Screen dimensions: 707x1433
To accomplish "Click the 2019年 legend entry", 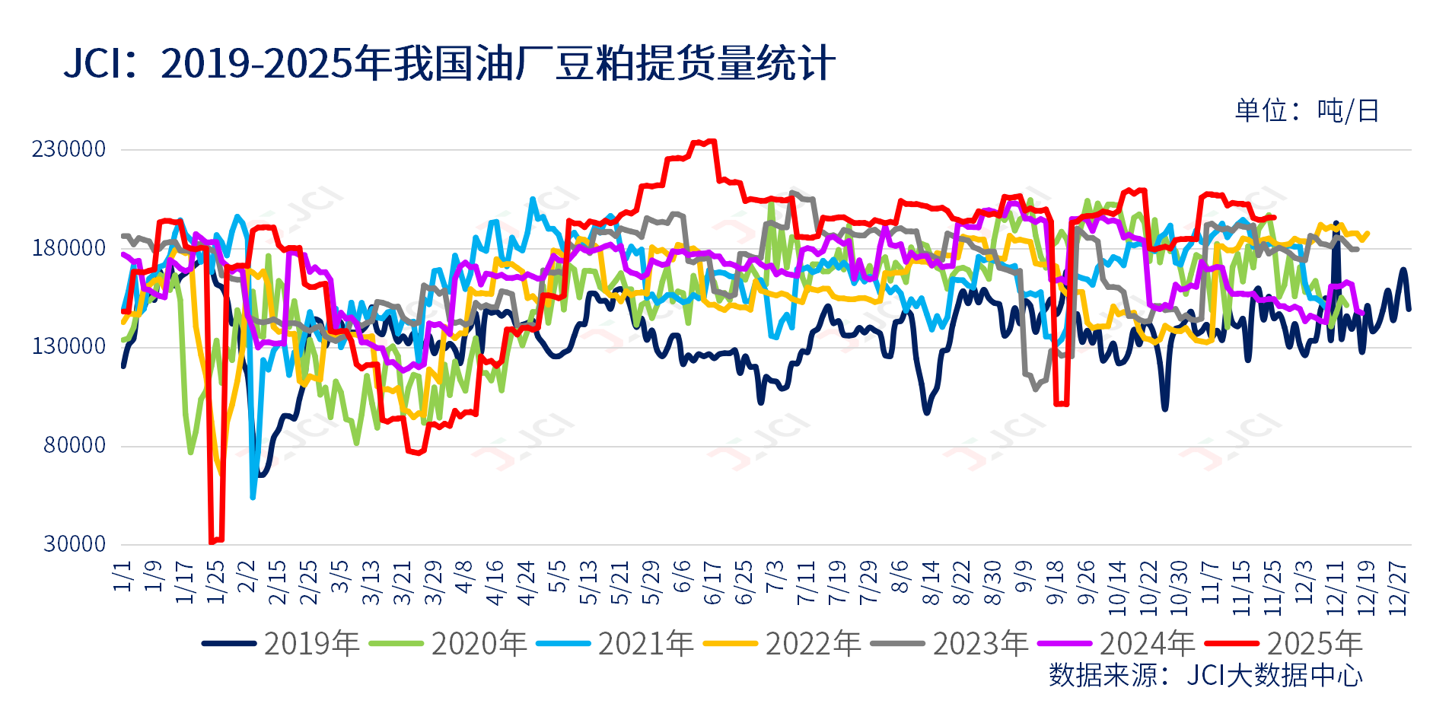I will click(x=281, y=644).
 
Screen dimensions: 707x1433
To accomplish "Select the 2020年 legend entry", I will click(x=448, y=644).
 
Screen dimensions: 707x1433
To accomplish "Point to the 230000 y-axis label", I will click(x=68, y=149).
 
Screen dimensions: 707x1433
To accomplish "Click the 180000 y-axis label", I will click(x=68, y=248).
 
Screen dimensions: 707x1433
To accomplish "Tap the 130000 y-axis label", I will click(x=68, y=346).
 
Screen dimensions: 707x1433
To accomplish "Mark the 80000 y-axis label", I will click(x=74, y=445).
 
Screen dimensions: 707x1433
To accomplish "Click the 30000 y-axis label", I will click(x=74, y=544).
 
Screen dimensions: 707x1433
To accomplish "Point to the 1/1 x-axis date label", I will click(x=123, y=576).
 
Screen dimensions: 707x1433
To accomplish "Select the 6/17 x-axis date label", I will click(x=713, y=583).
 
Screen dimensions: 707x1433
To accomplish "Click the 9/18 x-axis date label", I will click(x=1056, y=583).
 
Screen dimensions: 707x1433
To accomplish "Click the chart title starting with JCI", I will click(x=449, y=63).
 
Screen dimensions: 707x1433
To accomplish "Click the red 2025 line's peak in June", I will click(x=712, y=141).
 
